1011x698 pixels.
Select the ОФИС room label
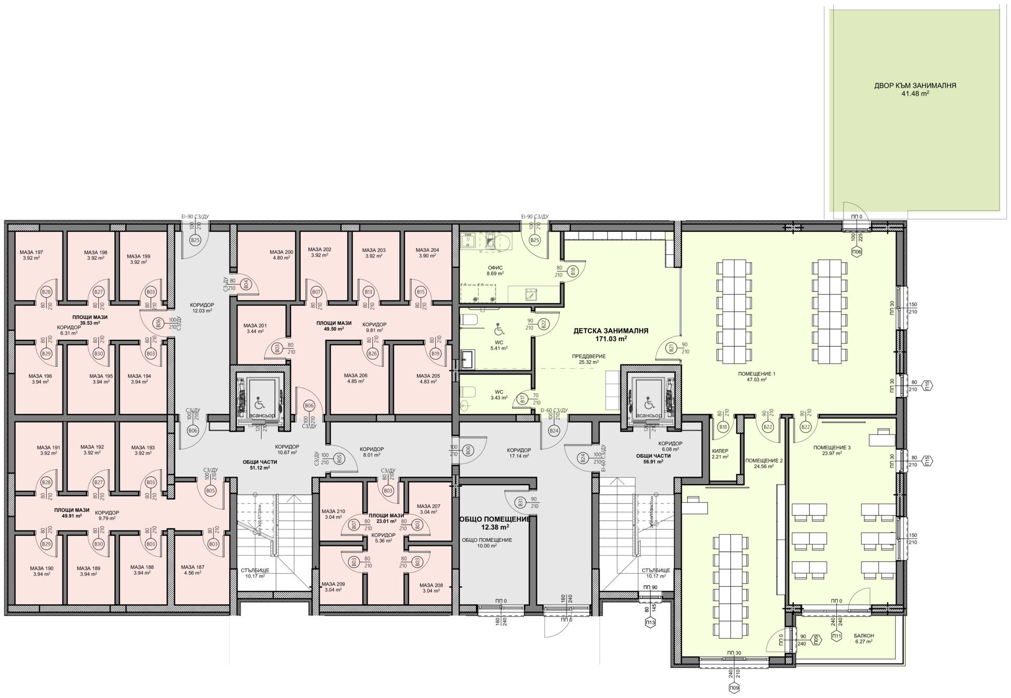click(495, 268)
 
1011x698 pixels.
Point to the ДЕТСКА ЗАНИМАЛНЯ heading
click(610, 331)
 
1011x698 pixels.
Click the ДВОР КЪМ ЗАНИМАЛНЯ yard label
click(915, 85)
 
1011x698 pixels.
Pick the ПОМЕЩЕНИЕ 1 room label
click(757, 373)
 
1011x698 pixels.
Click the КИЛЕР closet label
click(720, 451)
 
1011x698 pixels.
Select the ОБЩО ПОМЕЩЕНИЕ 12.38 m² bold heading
click(494, 519)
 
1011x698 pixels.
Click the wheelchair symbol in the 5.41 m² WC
click(498, 331)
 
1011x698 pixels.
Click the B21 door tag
click(671, 348)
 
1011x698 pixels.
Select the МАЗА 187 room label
click(192, 567)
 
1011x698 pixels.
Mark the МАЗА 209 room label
click(333, 584)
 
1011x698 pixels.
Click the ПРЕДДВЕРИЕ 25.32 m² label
click(589, 356)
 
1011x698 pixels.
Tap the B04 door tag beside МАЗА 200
click(245, 284)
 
